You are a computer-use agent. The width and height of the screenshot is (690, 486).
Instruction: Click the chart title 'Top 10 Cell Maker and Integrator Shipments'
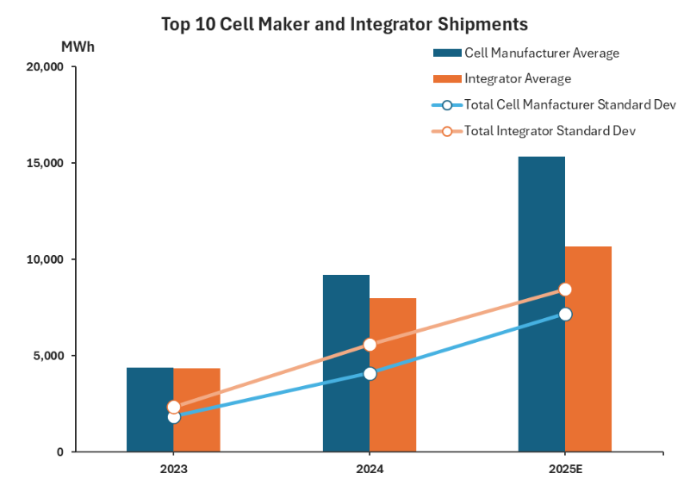(345, 23)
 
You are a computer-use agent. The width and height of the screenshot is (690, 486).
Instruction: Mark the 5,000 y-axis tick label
(45, 356)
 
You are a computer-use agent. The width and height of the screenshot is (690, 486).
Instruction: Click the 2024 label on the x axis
(370, 470)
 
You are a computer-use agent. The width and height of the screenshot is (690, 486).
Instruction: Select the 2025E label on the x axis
(565, 470)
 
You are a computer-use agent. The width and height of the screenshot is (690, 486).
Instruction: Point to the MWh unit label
(78, 47)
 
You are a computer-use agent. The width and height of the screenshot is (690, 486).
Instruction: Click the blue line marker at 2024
(370, 373)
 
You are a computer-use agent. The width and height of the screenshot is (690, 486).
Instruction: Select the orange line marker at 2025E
(565, 290)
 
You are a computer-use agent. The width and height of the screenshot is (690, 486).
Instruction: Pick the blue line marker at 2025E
(565, 315)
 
